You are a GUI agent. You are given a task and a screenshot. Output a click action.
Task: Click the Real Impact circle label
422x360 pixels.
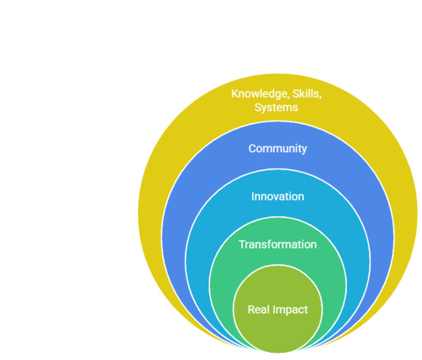tap(277, 309)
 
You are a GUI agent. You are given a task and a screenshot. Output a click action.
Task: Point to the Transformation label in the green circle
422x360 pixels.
tap(277, 244)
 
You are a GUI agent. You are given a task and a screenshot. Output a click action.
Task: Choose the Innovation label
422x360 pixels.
tap(277, 196)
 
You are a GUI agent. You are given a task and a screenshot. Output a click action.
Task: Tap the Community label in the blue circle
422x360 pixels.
tap(277, 148)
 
